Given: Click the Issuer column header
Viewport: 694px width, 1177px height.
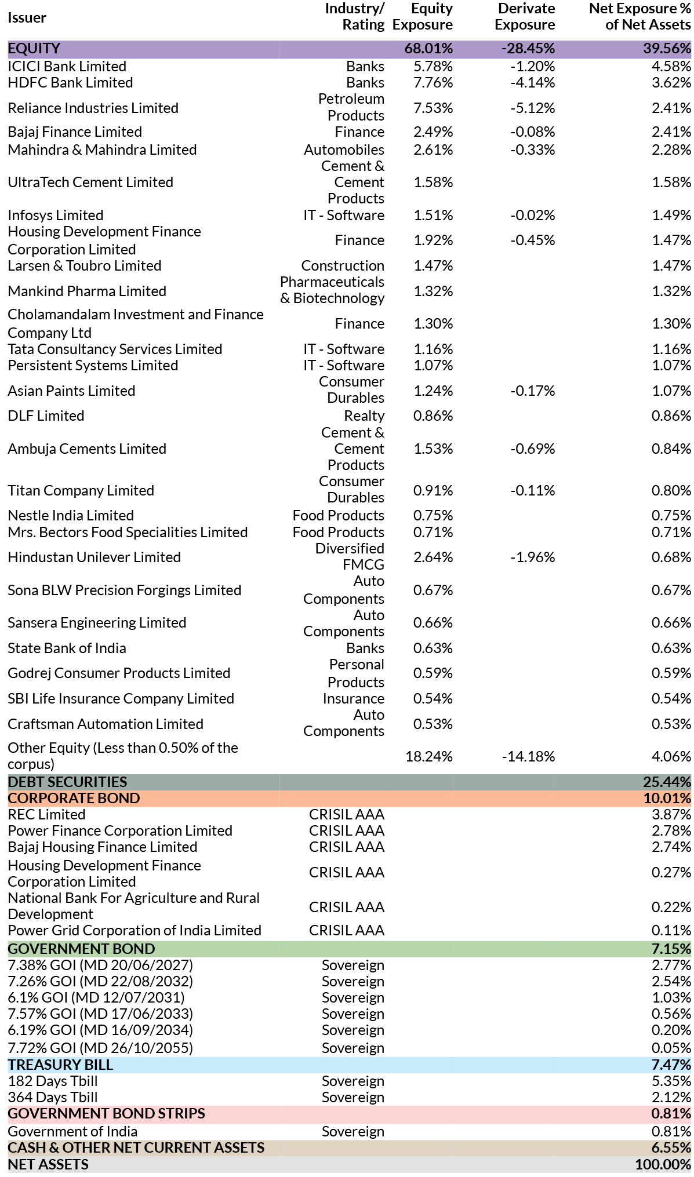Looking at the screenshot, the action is pos(27,17).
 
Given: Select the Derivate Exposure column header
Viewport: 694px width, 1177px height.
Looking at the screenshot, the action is pos(525,17).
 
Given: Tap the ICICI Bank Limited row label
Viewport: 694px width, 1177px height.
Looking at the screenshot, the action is pos(67,66).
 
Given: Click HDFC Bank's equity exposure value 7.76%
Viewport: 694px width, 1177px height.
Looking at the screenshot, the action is pos(433,82).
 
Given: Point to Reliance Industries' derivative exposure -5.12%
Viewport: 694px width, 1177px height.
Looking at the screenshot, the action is pos(532,108).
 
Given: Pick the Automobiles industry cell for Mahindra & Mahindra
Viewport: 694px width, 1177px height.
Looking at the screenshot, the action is pos(344,150).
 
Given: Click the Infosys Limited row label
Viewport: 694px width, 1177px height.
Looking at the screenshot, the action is pos(55,215).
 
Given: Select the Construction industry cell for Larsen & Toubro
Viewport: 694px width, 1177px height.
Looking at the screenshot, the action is pos(343,265).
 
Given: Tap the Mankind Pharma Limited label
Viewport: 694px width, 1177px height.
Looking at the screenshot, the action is pos(87,291).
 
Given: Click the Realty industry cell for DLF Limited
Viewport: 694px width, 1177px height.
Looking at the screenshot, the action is pos(364,416).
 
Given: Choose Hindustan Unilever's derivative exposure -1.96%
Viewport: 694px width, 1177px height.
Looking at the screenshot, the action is pos(532,557).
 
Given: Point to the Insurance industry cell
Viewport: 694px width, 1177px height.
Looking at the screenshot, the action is pos(354,698).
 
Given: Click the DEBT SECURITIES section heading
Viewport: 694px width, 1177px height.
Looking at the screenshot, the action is pos(67,782).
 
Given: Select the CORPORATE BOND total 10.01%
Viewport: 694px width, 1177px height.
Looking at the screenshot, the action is pos(667,798).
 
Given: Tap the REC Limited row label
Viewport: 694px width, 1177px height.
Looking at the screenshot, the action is pos(46,814).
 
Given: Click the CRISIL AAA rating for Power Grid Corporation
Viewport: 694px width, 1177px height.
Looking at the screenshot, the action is pos(347,930).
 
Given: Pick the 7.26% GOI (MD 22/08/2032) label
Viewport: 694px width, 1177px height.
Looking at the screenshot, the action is pos(100,981).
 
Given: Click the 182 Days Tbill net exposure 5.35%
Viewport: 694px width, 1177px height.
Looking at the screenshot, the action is pos(671,1081).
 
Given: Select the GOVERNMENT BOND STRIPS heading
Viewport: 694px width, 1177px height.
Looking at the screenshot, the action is pos(106,1113).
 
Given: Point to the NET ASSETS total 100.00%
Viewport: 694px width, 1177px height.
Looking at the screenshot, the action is pos(663,1164).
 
